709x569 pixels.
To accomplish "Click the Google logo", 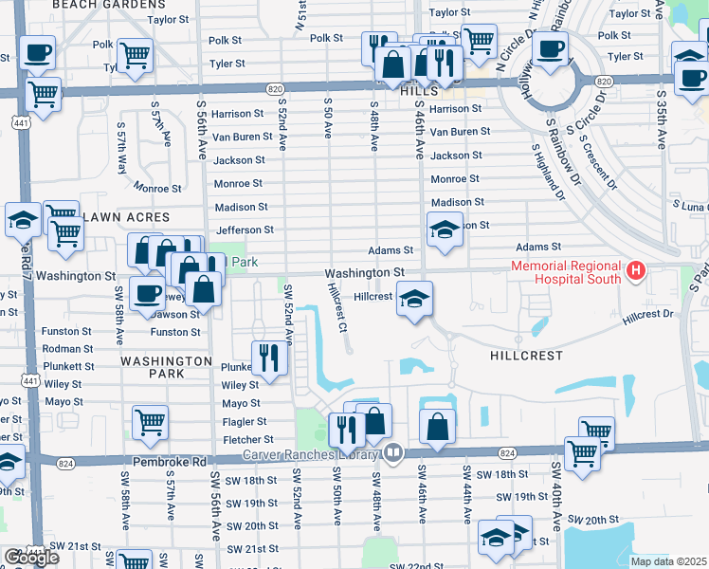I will click(31, 558).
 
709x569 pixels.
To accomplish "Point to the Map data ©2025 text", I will click(668, 561).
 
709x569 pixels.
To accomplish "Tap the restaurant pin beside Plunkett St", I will click(269, 358).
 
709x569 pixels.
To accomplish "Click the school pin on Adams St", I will click(444, 229).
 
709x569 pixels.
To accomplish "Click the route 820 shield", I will click(275, 88).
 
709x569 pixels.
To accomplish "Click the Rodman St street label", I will click(67, 349).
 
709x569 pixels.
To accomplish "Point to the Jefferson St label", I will click(245, 229).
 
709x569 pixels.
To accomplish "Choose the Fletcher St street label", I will click(247, 440).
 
